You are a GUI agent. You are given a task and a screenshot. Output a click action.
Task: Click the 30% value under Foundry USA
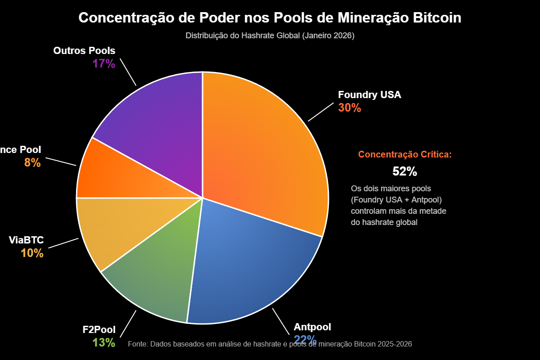[x=350, y=108]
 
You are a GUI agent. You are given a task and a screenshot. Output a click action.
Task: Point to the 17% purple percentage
[x=104, y=63]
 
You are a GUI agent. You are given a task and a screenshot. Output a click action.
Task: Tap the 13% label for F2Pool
[x=104, y=342]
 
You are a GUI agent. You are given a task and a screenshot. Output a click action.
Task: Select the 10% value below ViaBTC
[x=32, y=253]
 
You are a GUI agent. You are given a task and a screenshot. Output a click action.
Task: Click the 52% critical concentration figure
[x=405, y=171]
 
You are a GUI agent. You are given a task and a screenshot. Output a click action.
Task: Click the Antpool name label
[x=312, y=327]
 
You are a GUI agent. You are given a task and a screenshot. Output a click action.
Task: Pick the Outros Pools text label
[x=84, y=51]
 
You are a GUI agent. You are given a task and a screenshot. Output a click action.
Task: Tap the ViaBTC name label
[x=26, y=240]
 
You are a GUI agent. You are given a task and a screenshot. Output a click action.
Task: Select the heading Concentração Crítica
[x=405, y=154]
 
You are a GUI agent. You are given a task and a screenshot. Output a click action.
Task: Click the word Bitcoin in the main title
[x=436, y=18]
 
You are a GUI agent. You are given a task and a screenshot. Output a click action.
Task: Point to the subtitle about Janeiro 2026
[x=270, y=36]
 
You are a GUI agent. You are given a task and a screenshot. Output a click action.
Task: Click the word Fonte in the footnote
[x=137, y=344]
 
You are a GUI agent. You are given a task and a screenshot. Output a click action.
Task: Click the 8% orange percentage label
[x=32, y=163]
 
